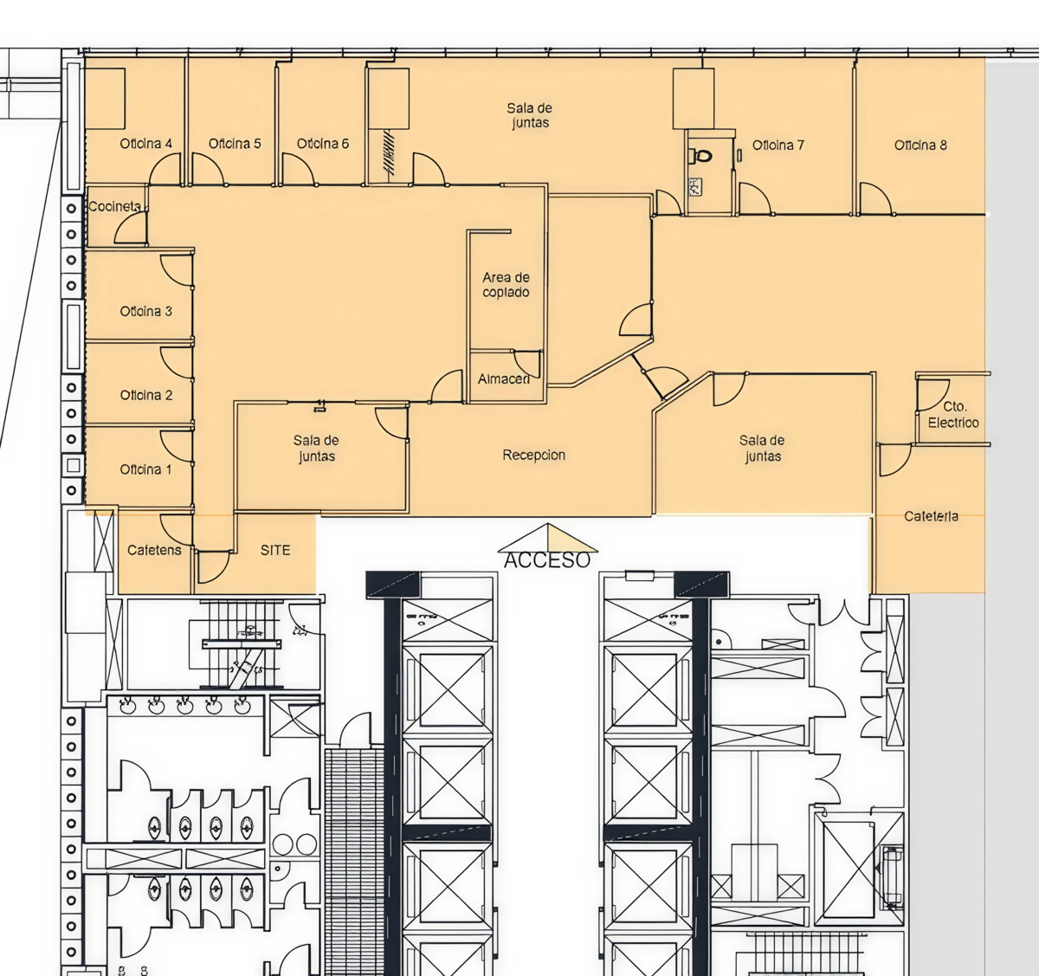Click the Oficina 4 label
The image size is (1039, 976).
pyautogui.click(x=146, y=144)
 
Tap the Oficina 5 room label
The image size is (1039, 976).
pyautogui.click(x=235, y=144)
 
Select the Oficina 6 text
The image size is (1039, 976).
pyautogui.click(x=323, y=144)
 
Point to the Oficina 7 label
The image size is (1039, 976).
pyautogui.click(x=778, y=145)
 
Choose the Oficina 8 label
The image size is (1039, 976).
pyautogui.click(x=920, y=145)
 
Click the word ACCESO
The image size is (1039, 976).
pyautogui.click(x=547, y=560)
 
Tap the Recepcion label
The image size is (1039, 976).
pyautogui.click(x=534, y=455)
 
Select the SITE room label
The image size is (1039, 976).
pyautogui.click(x=275, y=550)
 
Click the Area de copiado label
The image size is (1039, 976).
pyautogui.click(x=506, y=285)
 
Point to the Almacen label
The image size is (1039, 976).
pyautogui.click(x=504, y=378)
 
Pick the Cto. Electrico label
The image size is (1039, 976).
pyautogui.click(x=953, y=415)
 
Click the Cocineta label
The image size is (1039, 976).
pyautogui.click(x=114, y=206)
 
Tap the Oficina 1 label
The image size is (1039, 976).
pyautogui.click(x=145, y=469)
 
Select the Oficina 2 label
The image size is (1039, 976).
pyautogui.click(x=146, y=395)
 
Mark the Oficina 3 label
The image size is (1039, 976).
pyautogui.click(x=146, y=312)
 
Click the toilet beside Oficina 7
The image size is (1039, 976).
pyautogui.click(x=702, y=155)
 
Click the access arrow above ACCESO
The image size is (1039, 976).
pyautogui.click(x=547, y=538)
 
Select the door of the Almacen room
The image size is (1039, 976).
pyautogui.click(x=527, y=363)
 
